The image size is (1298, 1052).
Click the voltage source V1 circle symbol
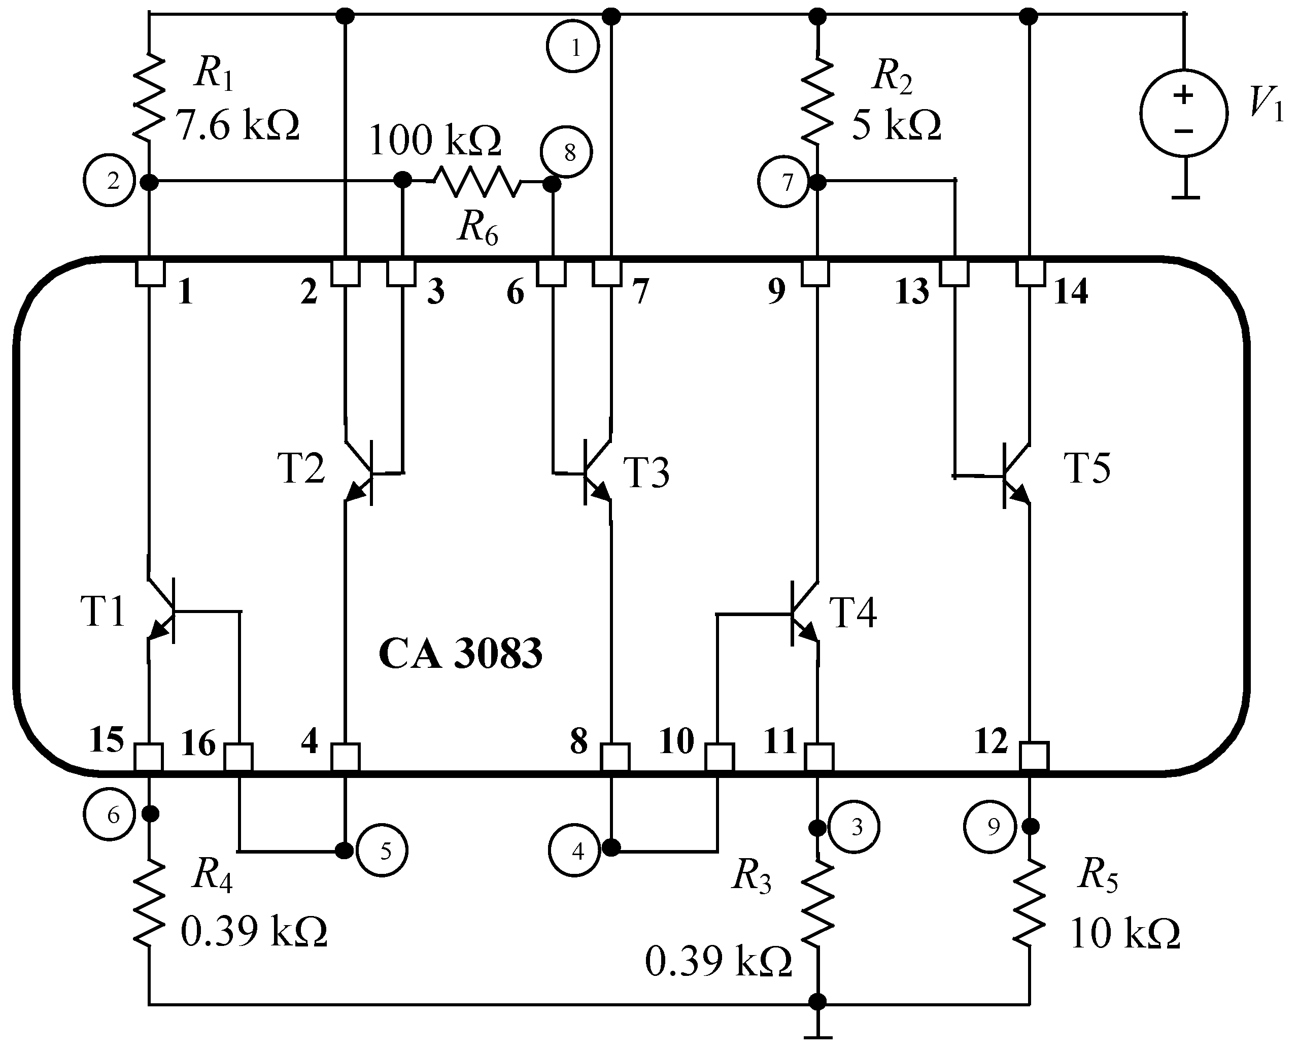[1183, 113]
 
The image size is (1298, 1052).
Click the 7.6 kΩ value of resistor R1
[237, 126]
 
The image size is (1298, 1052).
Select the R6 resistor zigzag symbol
[477, 181]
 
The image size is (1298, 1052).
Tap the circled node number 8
[568, 153]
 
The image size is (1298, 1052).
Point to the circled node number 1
[573, 47]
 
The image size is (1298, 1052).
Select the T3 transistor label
[646, 472]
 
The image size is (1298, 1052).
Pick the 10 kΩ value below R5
[1124, 933]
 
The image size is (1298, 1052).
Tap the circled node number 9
[990, 827]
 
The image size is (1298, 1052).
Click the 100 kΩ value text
[434, 141]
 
